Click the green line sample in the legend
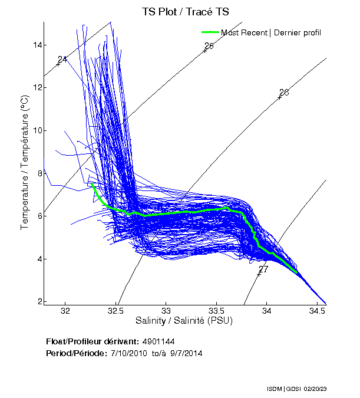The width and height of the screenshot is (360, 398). click(x=210, y=32)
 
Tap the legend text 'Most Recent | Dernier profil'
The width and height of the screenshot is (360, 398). click(x=270, y=32)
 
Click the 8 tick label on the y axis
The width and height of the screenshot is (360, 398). click(x=38, y=173)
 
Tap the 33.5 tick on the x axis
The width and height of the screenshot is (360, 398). click(x=217, y=311)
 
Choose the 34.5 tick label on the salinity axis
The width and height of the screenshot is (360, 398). click(x=318, y=311)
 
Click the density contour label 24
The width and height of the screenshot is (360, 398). click(x=62, y=59)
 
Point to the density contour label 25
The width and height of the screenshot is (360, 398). click(x=209, y=46)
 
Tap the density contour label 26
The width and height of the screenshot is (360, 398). click(x=284, y=93)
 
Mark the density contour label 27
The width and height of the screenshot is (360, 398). click(x=263, y=269)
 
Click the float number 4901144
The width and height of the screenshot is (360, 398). click(x=158, y=341)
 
